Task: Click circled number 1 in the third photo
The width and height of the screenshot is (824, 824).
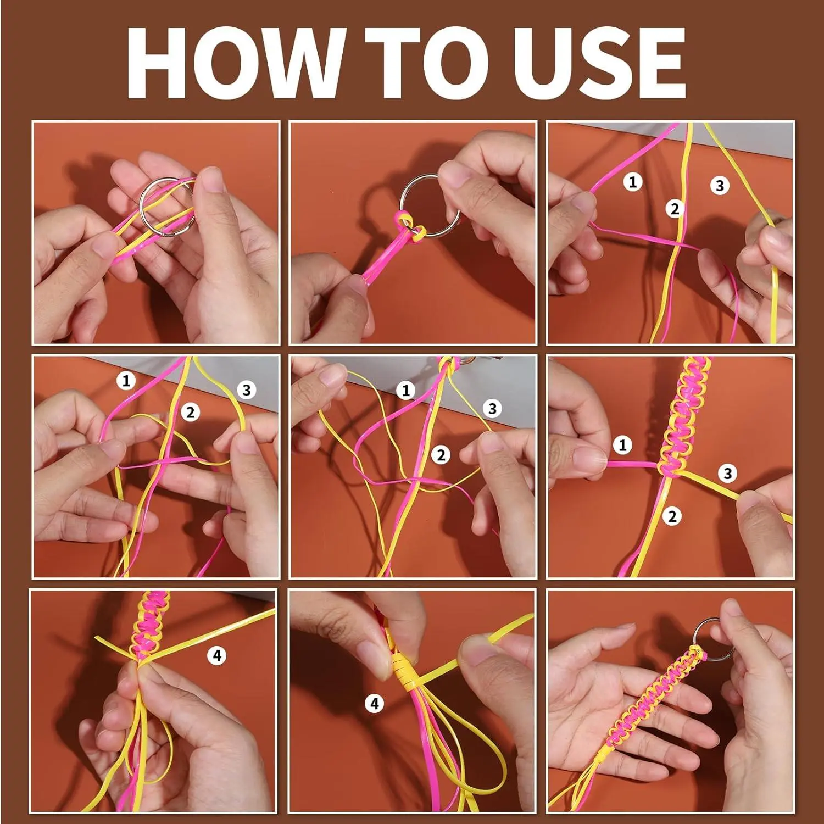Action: (x=633, y=181)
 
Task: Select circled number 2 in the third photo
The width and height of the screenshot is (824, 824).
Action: (x=675, y=209)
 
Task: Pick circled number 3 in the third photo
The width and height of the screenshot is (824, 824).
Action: (x=720, y=186)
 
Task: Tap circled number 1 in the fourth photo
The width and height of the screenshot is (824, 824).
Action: (x=126, y=380)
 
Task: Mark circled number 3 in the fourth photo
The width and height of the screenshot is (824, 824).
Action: (x=247, y=390)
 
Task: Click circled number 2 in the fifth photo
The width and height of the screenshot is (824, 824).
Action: (x=441, y=455)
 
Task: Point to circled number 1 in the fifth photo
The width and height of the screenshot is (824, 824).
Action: (x=406, y=391)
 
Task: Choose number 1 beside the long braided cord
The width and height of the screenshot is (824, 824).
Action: (x=622, y=444)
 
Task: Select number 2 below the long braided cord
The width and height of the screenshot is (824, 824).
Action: (x=672, y=516)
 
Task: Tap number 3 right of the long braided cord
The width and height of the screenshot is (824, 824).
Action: (x=728, y=473)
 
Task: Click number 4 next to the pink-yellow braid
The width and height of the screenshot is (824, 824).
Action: (x=217, y=655)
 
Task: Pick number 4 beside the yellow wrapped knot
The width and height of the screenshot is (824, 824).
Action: (x=375, y=703)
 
